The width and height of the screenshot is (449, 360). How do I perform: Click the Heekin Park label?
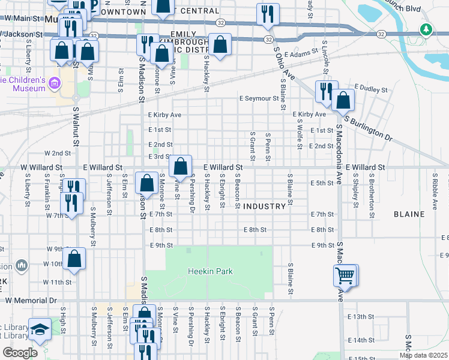pos(209,272)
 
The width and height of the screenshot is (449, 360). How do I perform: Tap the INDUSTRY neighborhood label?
pos(264,206)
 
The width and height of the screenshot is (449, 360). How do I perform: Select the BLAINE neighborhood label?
pos(409,214)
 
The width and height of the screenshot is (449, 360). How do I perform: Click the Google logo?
pos(20,353)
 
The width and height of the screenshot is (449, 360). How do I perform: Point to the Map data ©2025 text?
pos(423,355)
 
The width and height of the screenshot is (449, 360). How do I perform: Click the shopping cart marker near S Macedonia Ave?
pos(345,276)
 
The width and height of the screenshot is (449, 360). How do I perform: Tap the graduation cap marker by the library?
pos(40,329)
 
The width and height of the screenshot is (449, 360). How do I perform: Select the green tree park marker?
pos(426,29)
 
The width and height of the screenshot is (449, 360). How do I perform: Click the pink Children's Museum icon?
pos(54,83)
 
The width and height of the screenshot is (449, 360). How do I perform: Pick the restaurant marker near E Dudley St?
pos(326,91)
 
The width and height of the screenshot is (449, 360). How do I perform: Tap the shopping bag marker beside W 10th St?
pos(74,259)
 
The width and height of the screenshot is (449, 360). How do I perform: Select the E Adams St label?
pos(301,54)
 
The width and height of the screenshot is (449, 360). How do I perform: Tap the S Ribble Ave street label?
pos(434,188)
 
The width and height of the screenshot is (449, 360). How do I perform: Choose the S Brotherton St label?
pos(372,188)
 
